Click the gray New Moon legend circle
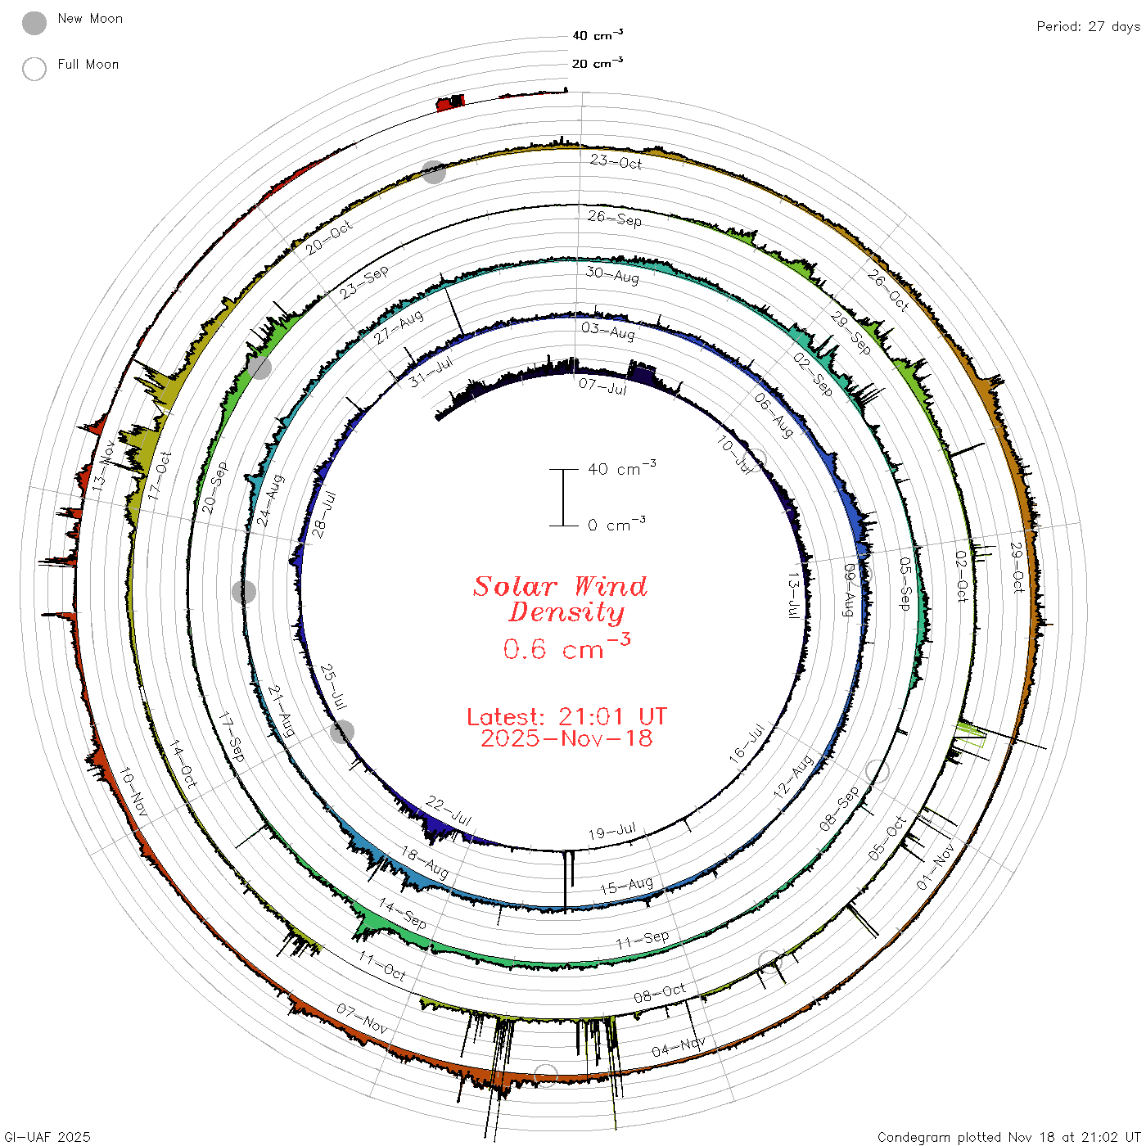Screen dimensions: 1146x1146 click(34, 23)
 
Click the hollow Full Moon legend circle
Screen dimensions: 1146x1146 click(34, 69)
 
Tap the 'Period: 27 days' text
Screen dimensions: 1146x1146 click(1088, 27)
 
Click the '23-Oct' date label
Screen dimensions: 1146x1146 click(616, 162)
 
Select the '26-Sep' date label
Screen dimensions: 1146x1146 click(614, 219)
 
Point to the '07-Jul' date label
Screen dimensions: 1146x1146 click(602, 387)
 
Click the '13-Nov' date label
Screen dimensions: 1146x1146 click(103, 466)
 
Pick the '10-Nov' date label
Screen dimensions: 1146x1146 click(133, 792)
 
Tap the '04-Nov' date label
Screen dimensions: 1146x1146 click(678, 1046)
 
